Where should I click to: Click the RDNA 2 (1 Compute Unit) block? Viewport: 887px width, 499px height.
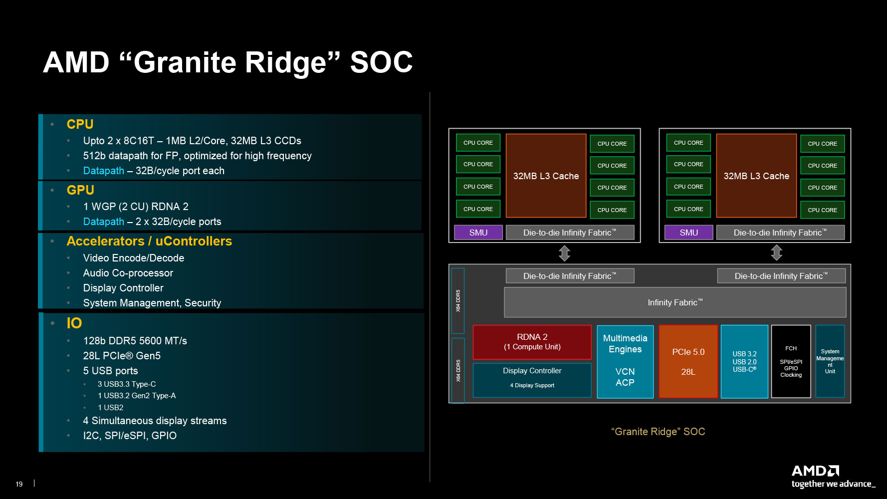[532, 342]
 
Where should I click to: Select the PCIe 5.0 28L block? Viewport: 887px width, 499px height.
[688, 361]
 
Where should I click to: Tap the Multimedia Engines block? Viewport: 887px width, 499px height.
[625, 361]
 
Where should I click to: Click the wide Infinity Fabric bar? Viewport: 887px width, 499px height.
[675, 302]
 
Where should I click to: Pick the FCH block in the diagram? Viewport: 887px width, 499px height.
[791, 361]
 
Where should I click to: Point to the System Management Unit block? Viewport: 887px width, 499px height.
[830, 361]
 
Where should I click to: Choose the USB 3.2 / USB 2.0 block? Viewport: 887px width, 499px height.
[744, 361]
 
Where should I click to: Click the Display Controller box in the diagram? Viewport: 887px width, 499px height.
[532, 380]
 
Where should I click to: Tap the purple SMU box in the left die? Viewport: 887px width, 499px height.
[478, 233]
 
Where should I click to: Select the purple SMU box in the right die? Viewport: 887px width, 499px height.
[688, 233]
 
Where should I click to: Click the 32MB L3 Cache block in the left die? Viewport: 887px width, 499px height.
[546, 176]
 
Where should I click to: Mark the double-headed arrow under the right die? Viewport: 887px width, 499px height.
[776, 253]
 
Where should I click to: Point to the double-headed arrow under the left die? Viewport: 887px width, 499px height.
[564, 253]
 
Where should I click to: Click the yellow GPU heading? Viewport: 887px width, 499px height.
[80, 190]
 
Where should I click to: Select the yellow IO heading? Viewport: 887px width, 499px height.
[74, 323]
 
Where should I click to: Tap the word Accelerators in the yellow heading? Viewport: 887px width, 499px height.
[105, 242]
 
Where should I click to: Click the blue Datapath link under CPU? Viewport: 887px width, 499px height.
[103, 171]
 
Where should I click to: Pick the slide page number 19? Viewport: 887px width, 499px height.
[19, 484]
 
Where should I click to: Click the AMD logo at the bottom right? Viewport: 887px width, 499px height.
[815, 471]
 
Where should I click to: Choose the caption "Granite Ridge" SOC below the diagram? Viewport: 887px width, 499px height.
[658, 432]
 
